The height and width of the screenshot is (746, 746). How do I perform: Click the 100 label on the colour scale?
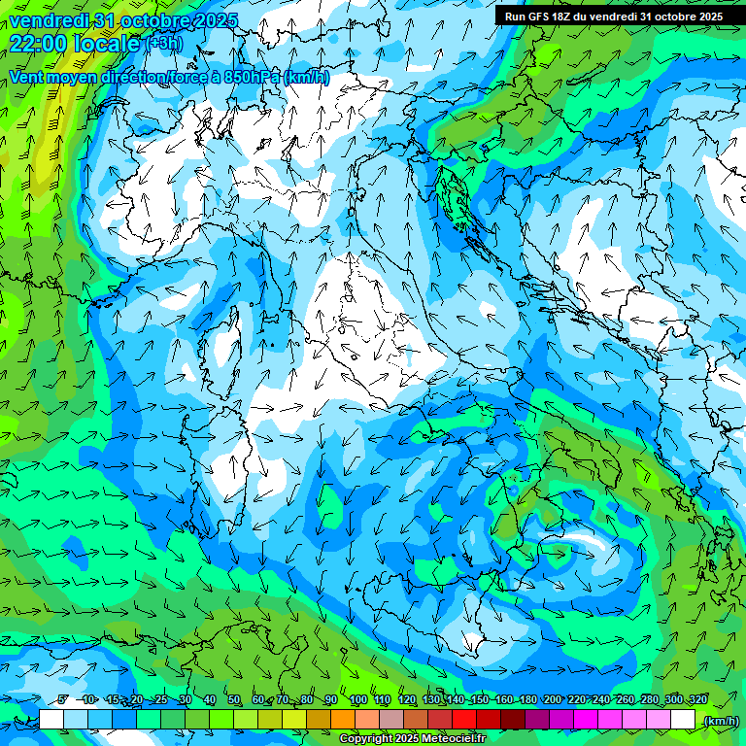click(358, 700)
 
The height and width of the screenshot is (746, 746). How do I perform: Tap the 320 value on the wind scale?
click(697, 700)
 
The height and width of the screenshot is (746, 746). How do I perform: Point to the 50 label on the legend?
click(234, 700)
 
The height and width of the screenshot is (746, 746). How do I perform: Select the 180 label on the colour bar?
click(527, 700)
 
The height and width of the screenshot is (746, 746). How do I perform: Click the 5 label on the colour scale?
click(62, 700)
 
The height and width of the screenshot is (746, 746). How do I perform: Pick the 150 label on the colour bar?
click(479, 700)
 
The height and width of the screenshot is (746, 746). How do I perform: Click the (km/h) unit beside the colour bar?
click(721, 720)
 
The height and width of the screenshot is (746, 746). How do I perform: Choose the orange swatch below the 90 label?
click(343, 720)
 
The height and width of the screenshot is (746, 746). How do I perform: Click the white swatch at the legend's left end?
click(51, 720)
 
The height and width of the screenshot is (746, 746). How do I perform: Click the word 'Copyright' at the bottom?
click(366, 739)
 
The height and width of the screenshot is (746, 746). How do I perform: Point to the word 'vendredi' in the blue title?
click(48, 19)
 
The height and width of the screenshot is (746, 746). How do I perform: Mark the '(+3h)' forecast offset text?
click(164, 43)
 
